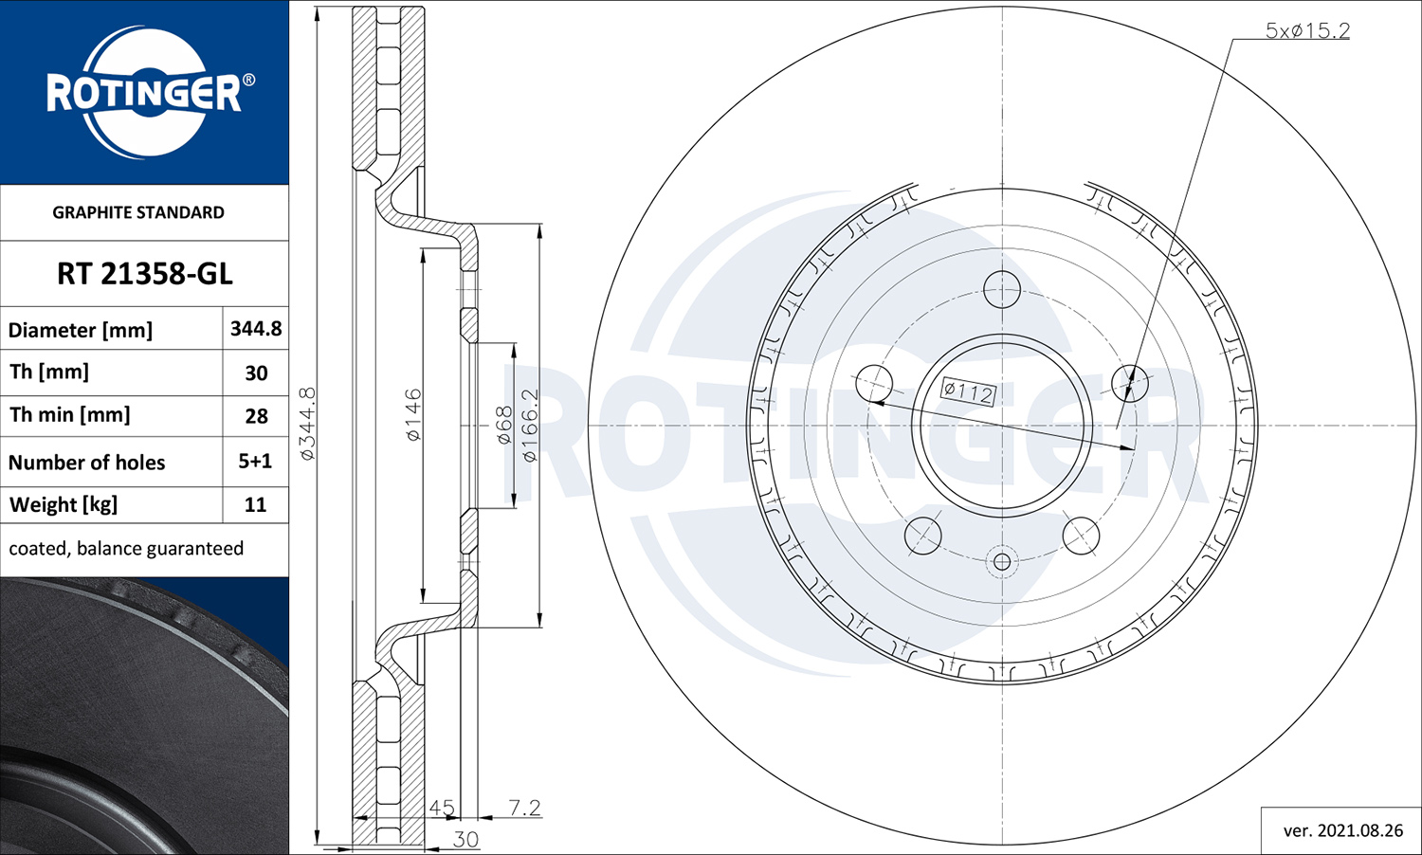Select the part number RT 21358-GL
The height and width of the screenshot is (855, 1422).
145,274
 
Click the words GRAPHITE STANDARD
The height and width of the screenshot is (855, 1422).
138,212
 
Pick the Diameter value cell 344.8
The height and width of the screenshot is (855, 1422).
256,328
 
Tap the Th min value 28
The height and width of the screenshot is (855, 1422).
257,416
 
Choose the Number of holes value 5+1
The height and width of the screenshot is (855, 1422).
255,461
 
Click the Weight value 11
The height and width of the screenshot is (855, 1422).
255,504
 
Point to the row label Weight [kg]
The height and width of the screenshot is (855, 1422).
64,504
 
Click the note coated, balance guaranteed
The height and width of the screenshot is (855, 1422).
126,548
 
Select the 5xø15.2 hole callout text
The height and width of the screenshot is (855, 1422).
1307,30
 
